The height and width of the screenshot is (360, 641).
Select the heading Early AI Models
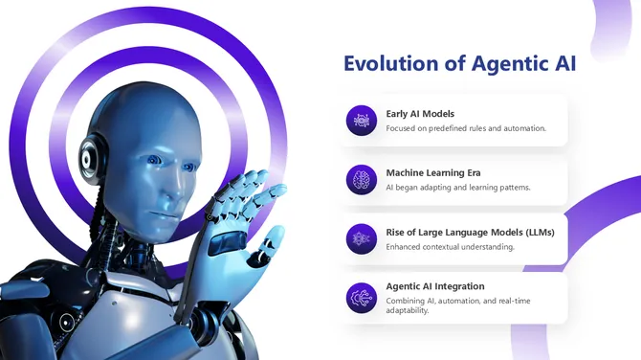tap(420, 114)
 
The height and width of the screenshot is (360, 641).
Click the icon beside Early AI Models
tap(362, 121)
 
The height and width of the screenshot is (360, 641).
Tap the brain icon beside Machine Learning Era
tap(362, 179)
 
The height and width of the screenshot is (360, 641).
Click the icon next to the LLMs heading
tap(362, 238)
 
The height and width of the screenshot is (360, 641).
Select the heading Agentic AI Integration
tap(434, 285)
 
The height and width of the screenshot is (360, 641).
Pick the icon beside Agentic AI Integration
tap(362, 298)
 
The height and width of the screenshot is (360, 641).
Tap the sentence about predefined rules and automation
tap(465, 128)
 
